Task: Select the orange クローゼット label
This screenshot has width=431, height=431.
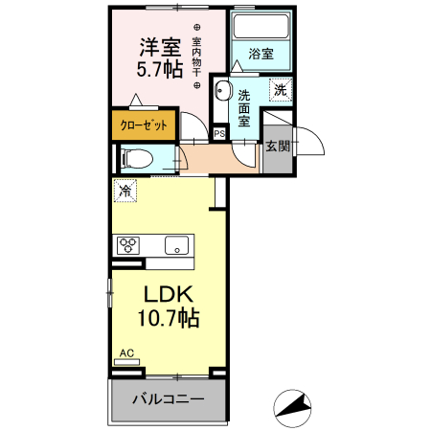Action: pos(142,125)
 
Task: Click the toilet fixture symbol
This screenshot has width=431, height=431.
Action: pos(134,159)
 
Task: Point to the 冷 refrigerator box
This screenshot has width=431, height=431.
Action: pos(124,191)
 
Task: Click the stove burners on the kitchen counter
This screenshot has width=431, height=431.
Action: pos(127,245)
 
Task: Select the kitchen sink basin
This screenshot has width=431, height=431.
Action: pos(177,245)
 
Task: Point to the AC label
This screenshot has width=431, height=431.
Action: pos(126,353)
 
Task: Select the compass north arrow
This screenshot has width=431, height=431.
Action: pos(293,407)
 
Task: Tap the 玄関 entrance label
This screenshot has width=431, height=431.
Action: pos(278,147)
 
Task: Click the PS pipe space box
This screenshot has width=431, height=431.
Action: pos(219,134)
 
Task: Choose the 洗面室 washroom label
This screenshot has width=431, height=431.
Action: pos(245,108)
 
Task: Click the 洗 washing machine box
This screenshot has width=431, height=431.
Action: pos(280,90)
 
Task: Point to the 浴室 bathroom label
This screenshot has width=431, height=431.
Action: pos(261,55)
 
